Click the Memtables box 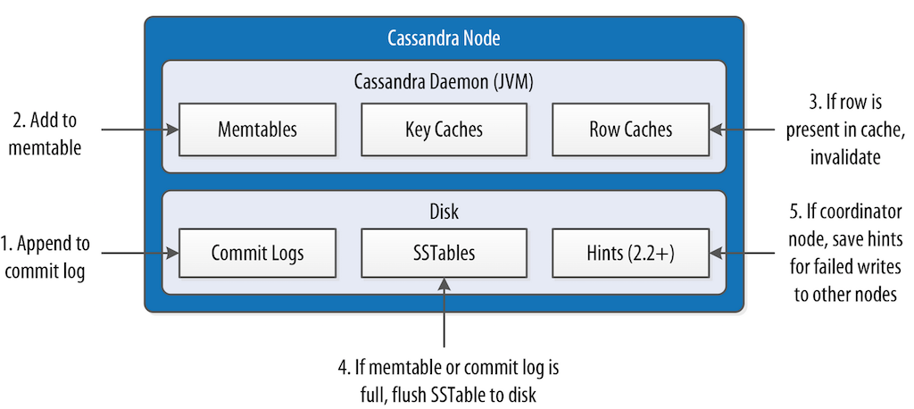pyautogui.click(x=257, y=129)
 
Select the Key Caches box pyautogui.click(x=444, y=129)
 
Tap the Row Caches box pyautogui.click(x=630, y=129)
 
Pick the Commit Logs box pyautogui.click(x=257, y=253)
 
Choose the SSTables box pyautogui.click(x=444, y=253)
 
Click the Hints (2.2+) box pyautogui.click(x=630, y=253)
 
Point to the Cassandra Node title pyautogui.click(x=444, y=38)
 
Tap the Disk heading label pyautogui.click(x=444, y=211)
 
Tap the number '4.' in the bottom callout pyautogui.click(x=338, y=368)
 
